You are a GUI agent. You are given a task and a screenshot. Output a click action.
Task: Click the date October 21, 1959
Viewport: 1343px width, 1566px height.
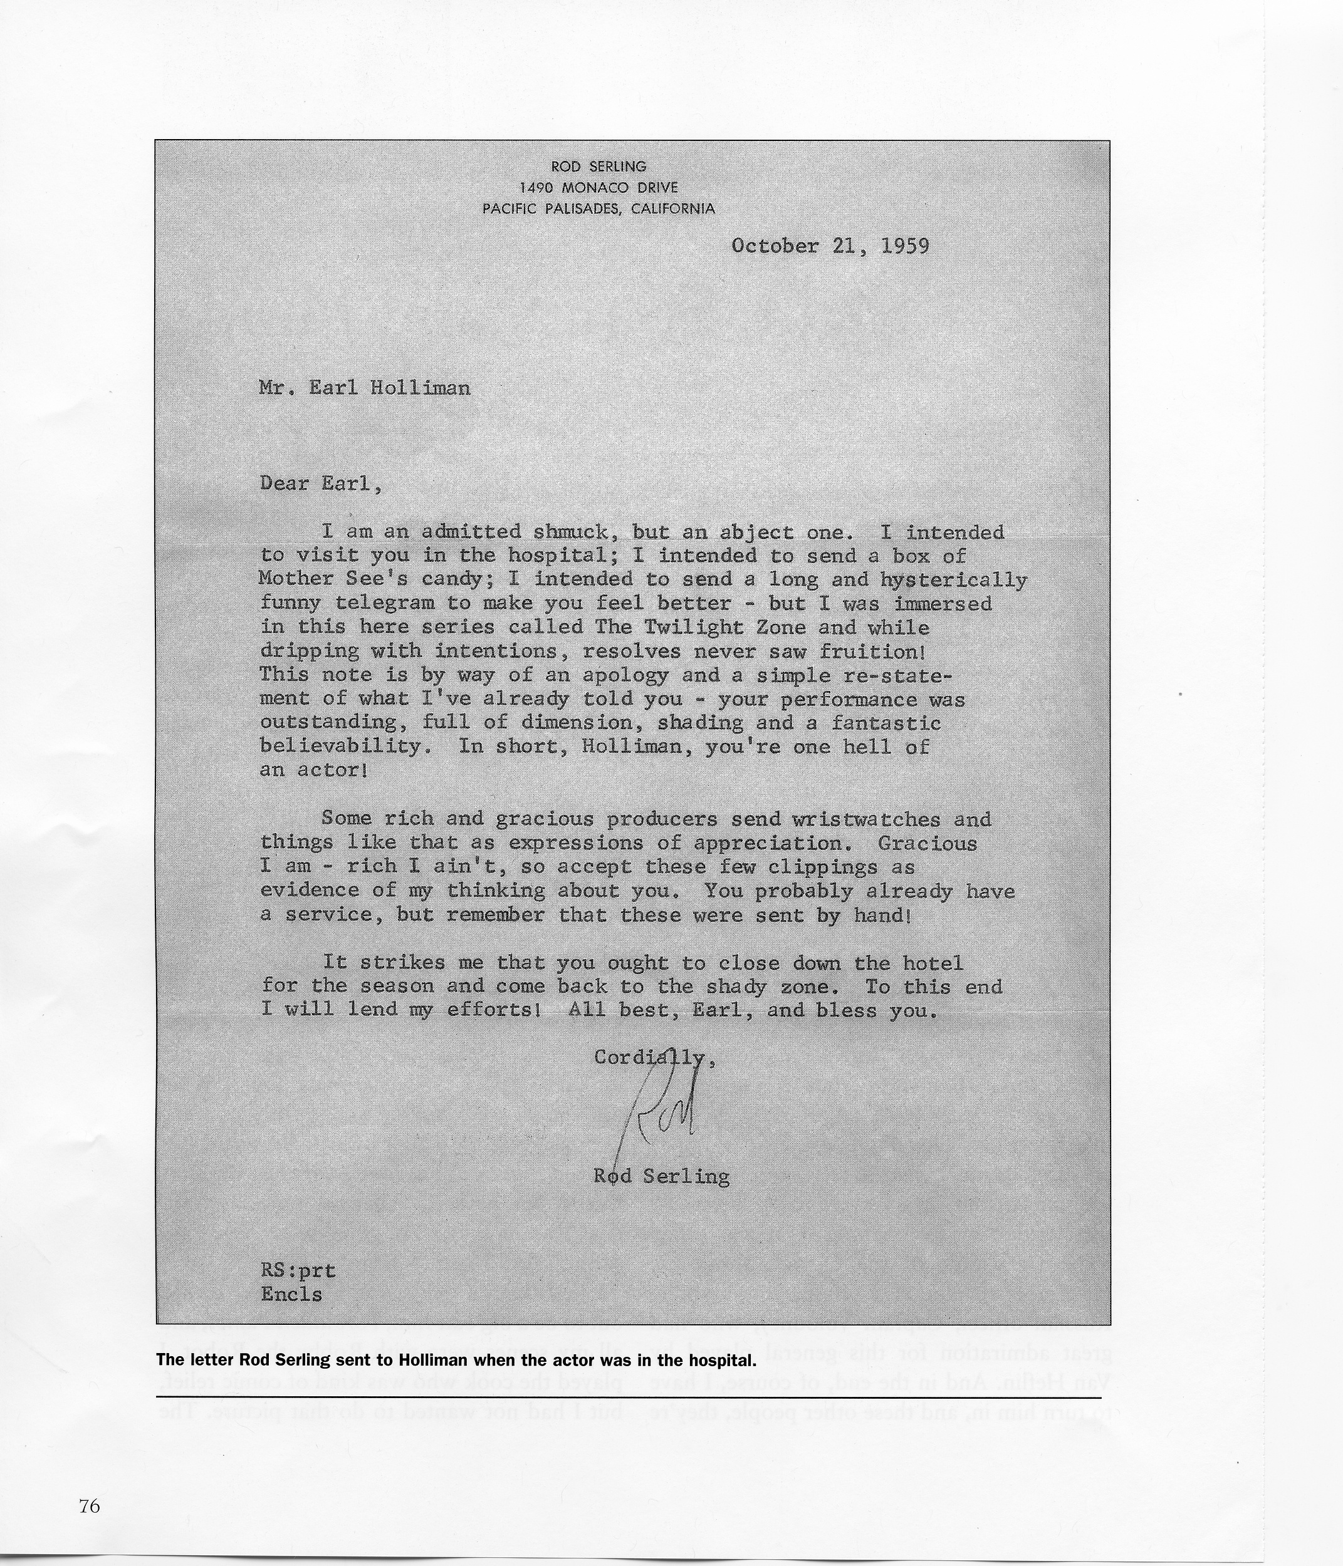(830, 246)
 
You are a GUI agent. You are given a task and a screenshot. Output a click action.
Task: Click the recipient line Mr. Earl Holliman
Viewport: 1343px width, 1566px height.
(365, 388)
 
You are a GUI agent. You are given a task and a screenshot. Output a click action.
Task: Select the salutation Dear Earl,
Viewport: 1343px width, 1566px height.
(321, 483)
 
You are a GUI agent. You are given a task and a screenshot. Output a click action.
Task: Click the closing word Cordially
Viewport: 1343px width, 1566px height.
(651, 1057)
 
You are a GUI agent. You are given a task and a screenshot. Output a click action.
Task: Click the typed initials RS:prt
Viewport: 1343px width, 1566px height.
(298, 1270)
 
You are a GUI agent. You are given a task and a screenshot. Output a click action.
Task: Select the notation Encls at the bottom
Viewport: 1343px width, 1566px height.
(291, 1294)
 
